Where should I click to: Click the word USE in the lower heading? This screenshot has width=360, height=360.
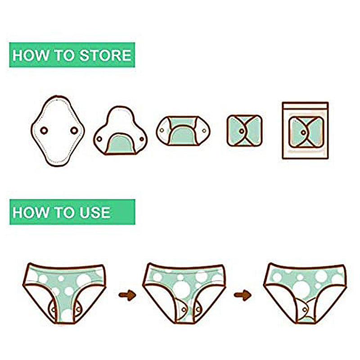click(x=93, y=212)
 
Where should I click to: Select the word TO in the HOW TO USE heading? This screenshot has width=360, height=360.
click(x=62, y=212)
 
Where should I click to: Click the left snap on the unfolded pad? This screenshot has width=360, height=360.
click(x=44, y=130)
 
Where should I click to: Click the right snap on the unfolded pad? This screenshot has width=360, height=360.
click(x=74, y=130)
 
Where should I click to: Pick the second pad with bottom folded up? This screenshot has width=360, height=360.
click(x=119, y=130)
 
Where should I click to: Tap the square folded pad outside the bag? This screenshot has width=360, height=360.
click(x=244, y=130)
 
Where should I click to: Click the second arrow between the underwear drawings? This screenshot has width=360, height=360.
click(x=242, y=295)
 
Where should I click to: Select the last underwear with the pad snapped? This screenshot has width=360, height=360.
click(x=306, y=290)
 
